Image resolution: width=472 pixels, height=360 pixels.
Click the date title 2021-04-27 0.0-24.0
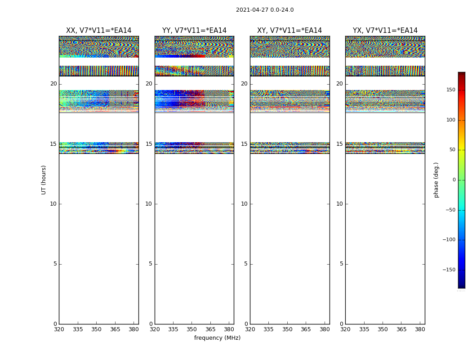pos(265,10)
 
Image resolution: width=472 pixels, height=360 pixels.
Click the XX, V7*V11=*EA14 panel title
pos(99,31)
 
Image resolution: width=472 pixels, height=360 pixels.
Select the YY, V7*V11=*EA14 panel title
pos(194,31)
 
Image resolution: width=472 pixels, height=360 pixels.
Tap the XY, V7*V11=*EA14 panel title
pos(289,31)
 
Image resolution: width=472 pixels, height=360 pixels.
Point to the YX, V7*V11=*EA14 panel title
pos(385,31)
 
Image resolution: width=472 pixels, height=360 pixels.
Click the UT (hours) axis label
pos(44,180)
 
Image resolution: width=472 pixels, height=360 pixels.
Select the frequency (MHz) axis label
pos(217,338)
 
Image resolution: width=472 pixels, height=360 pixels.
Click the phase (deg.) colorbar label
pos(436,180)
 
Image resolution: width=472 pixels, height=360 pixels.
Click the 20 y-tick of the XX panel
pos(53,84)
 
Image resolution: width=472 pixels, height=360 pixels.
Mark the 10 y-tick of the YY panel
pos(148,204)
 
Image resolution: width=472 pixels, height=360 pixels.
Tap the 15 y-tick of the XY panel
pos(244,144)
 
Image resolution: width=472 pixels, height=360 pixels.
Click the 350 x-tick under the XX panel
pos(96,329)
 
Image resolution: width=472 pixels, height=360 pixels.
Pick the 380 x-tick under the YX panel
pos(420,329)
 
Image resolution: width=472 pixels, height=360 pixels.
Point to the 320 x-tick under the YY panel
pos(155,329)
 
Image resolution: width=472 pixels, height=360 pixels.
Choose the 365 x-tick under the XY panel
pos(306,329)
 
